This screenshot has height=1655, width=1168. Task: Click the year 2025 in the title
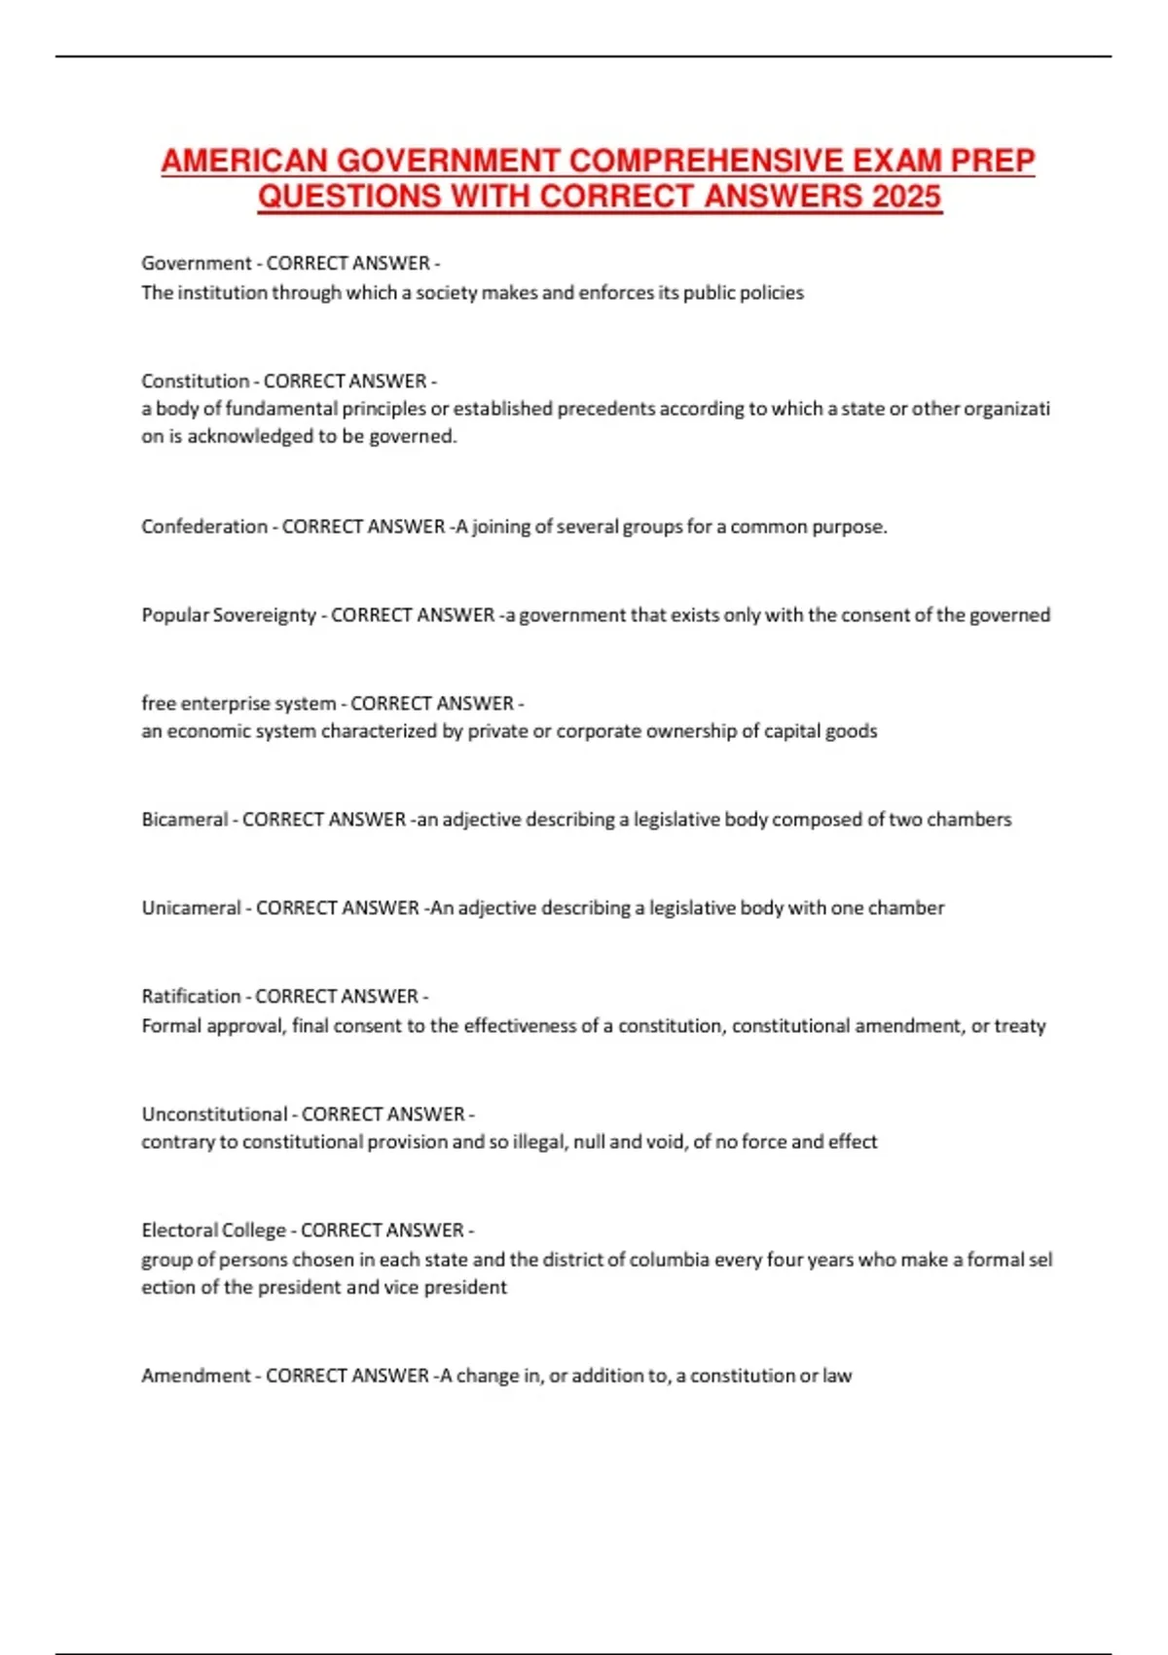pos(906,197)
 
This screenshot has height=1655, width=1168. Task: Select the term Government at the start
pos(197,263)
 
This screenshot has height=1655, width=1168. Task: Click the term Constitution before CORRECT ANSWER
pos(195,381)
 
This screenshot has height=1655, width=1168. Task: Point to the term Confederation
pos(204,527)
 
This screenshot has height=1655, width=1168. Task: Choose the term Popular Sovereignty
pos(229,615)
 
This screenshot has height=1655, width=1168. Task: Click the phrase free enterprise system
pos(238,703)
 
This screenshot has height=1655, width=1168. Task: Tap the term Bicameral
pos(184,820)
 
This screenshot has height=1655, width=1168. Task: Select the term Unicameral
pos(191,908)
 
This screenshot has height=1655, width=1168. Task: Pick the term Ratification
pos(191,996)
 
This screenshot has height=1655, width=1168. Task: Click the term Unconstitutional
pos(214,1114)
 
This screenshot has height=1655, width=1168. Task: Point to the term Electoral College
pos(213,1231)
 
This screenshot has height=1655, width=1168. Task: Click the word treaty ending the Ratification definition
pos(1020,1026)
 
